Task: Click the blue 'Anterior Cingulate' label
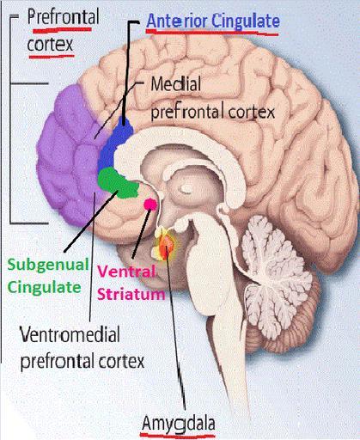pos(213,21)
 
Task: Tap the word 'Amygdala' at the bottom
pos(178,423)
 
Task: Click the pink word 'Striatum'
pos(131,294)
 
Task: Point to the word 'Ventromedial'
pos(70,334)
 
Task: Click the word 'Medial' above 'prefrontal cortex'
pos(175,84)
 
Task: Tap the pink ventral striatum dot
pos(150,204)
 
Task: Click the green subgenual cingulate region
pos(118,183)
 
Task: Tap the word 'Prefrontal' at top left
pos(64,17)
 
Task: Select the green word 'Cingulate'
pos(44,287)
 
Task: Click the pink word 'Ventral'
pos(127,271)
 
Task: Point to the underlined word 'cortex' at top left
pos(50,45)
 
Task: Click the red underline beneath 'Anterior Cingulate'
pos(212,32)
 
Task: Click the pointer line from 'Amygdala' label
pos(175,333)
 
